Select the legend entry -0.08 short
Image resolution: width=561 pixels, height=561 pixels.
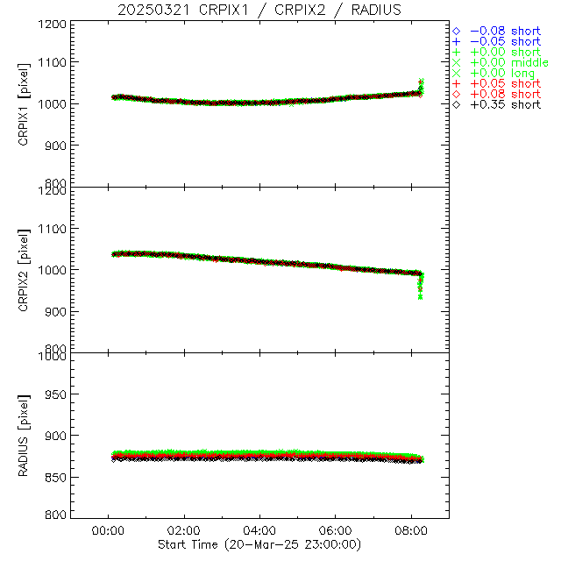(505, 31)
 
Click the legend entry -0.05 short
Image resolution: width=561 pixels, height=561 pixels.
(505, 41)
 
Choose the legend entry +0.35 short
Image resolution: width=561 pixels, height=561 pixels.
(505, 104)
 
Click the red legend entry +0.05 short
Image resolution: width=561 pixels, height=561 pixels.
(505, 83)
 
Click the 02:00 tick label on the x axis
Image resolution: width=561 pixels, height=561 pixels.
(184, 531)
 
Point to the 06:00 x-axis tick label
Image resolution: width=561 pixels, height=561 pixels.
(336, 531)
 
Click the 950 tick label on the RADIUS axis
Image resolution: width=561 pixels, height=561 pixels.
(55, 394)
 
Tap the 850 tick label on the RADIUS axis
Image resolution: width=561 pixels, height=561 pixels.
(55, 477)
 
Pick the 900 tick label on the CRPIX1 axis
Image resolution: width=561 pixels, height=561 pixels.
(55, 145)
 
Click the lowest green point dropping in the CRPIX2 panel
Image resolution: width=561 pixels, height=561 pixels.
(421, 297)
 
